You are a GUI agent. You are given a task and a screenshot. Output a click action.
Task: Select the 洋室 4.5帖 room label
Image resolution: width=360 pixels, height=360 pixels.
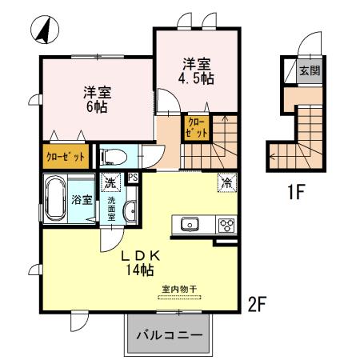(198, 71)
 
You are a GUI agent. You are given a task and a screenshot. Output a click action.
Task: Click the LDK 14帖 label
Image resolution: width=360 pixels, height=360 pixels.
(142, 263)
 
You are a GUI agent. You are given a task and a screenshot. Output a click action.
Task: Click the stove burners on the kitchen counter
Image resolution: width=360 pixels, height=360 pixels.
(226, 224)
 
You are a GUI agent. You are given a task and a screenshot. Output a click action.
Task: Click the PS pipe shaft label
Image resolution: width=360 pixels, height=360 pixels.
(133, 178)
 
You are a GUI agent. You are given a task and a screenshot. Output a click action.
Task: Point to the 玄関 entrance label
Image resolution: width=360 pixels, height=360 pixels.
(309, 71)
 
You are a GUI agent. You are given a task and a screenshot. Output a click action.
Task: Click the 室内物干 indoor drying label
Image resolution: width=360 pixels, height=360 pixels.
(179, 290)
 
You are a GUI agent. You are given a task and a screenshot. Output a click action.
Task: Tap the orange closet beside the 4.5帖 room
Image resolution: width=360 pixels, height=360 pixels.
(199, 129)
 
